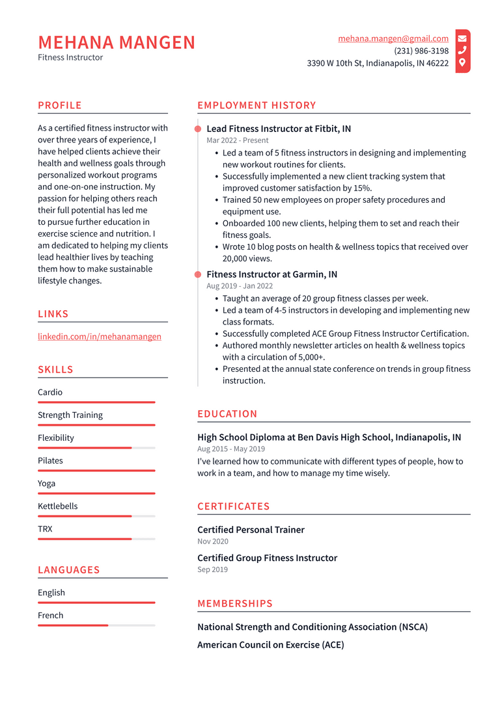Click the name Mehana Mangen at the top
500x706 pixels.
117,42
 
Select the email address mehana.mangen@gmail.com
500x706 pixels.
393,38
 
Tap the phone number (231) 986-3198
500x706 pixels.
421,51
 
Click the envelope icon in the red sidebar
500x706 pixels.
462,38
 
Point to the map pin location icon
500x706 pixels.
462,62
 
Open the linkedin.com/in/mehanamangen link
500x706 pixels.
100,336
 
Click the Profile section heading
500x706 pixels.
60,105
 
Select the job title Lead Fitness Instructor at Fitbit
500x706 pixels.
279,129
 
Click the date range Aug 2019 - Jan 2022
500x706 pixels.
240,286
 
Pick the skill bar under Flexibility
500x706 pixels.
96,448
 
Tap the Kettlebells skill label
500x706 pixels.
59,506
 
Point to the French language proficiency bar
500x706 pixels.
96,625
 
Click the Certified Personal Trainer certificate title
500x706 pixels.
251,530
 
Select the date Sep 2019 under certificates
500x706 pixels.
212,569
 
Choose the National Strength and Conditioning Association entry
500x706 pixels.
312,627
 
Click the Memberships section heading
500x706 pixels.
235,603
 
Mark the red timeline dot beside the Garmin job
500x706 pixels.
198,274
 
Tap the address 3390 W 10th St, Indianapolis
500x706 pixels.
378,63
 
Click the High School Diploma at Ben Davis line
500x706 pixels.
329,438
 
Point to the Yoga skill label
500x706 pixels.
47,483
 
